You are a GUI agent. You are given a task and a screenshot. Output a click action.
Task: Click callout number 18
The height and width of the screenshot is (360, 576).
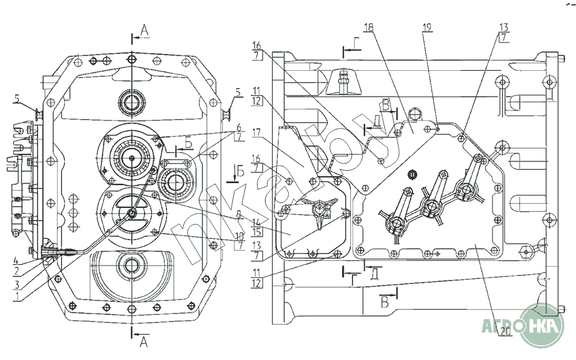[369, 27]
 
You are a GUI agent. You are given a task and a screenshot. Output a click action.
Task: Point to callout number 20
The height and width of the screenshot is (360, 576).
[504, 332]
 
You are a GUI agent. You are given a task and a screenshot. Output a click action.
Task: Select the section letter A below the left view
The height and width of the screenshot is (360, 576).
[144, 343]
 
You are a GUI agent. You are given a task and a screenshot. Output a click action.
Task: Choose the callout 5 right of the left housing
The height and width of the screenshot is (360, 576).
[238, 91]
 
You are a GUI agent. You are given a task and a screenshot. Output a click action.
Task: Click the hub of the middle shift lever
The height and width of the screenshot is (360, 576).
[429, 206]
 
